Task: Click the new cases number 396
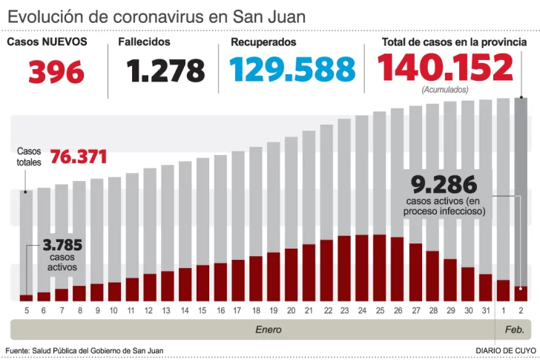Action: tap(56, 71)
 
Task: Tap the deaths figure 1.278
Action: tap(165, 71)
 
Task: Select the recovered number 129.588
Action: tap(292, 70)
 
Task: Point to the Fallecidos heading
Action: tap(144, 42)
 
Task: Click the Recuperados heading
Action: tap(263, 42)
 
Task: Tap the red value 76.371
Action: tap(79, 157)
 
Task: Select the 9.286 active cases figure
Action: tap(444, 184)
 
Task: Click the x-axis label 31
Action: tap(485, 310)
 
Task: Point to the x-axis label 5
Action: tap(26, 310)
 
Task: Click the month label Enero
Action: tap(269, 329)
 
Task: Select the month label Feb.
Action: tap(514, 329)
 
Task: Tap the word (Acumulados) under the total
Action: tap(445, 90)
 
